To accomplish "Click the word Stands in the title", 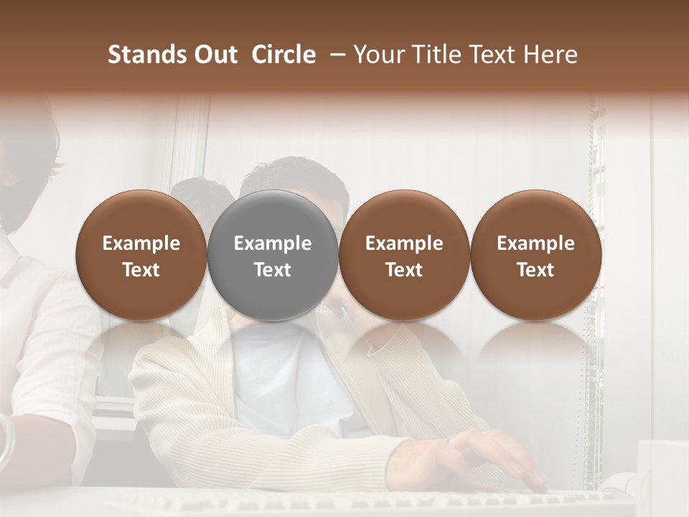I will tap(146, 55).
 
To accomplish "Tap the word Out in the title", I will tap(215, 55).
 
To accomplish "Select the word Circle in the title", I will tap(283, 55).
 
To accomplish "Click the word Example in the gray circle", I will tap(273, 243).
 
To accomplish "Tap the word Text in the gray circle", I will tap(273, 270).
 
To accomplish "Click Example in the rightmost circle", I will tap(535, 243).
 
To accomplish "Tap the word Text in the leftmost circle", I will tap(141, 270).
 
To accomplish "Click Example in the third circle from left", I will tap(404, 243).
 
